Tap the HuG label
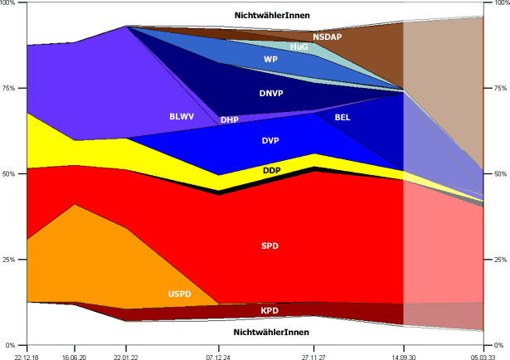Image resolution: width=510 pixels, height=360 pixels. tap(299, 47)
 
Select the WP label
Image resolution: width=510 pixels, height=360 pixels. tap(270, 60)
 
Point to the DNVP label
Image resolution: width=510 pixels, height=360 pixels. tap(271, 93)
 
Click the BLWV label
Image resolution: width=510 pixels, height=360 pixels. tap(181, 116)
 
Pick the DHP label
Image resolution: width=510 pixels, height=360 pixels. tap(230, 119)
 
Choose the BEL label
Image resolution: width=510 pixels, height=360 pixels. tap(342, 118)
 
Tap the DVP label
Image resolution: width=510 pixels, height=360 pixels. tap(270, 140)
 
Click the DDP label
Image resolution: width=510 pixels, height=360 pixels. tap(271, 170)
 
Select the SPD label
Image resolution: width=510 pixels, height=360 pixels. tap(270, 246)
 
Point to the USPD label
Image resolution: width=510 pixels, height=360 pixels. tap(179, 294)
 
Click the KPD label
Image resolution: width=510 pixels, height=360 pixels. tap(270, 311)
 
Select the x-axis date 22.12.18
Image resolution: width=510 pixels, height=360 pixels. tap(27, 353)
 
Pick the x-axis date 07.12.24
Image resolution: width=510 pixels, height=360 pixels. tap(218, 353)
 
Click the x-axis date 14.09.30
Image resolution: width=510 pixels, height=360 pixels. tap(404, 353)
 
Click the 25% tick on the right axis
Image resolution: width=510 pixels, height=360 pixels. tap(499, 260)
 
